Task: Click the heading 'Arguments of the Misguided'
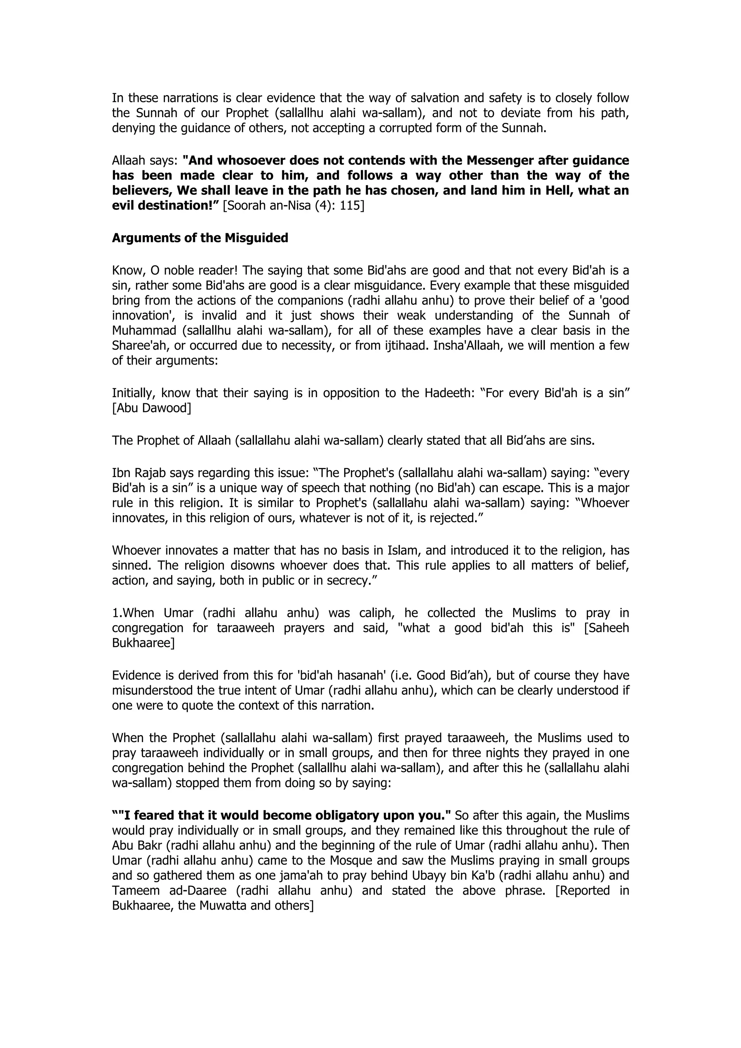click(x=200, y=238)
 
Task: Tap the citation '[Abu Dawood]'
click(x=152, y=408)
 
